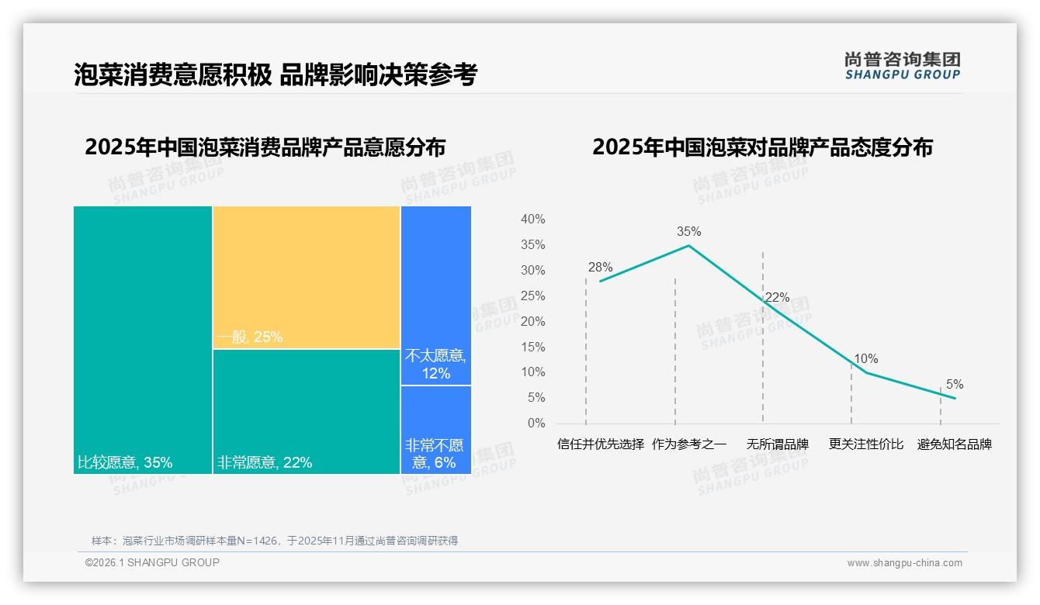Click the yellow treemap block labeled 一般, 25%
pyautogui.click(x=307, y=277)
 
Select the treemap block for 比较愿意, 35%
pyautogui.click(x=143, y=340)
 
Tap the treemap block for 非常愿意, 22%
pyautogui.click(x=307, y=411)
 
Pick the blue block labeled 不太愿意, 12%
pyautogui.click(x=436, y=296)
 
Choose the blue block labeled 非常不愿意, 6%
pyautogui.click(x=436, y=429)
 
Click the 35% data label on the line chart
pyautogui.click(x=688, y=231)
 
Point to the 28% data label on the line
pyautogui.click(x=600, y=268)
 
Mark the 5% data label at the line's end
pyautogui.click(x=955, y=385)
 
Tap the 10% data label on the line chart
pyautogui.click(x=866, y=359)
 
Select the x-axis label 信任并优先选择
pyautogui.click(x=601, y=444)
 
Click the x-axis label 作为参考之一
pyautogui.click(x=689, y=444)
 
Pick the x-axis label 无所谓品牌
pyautogui.click(x=778, y=444)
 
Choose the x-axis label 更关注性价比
pyautogui.click(x=866, y=444)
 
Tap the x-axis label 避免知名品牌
pyautogui.click(x=955, y=444)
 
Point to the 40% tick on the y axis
pyautogui.click(x=532, y=220)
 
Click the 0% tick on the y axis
pyautogui.click(x=536, y=423)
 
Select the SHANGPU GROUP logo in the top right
pyautogui.click(x=902, y=66)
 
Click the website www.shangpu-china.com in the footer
pyautogui.click(x=904, y=563)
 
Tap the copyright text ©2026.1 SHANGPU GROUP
pyautogui.click(x=152, y=562)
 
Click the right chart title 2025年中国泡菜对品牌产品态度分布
pyautogui.click(x=762, y=147)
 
